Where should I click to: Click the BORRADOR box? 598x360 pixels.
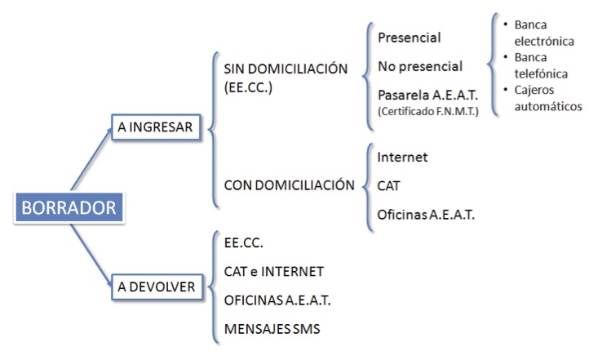pos(69,207)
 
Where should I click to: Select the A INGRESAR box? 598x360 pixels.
pos(156,127)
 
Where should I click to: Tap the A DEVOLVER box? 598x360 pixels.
pos(157,287)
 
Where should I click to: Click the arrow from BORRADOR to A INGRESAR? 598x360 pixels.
pos(91,159)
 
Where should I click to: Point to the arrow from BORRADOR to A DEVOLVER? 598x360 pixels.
pos(91,255)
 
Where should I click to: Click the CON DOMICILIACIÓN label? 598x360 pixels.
pos(289,185)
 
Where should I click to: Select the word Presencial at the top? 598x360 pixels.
pos(410,38)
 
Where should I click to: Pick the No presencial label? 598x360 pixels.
pos(420,66)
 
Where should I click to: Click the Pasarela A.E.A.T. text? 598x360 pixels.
pos(427,95)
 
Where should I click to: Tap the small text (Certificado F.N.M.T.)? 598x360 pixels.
pos(428,112)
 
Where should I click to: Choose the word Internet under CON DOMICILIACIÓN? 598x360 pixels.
pos(402,158)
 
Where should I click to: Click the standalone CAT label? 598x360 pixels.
pos(388,186)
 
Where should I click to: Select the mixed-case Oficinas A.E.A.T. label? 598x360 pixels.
pos(426,215)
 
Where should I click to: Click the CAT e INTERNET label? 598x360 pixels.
pos(274,272)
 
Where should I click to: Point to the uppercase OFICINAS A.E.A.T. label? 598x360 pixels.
pos(277,300)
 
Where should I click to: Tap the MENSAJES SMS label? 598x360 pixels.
pos(272,329)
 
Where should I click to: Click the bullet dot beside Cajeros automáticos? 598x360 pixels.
pos(506,89)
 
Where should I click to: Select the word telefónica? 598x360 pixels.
pos(541,73)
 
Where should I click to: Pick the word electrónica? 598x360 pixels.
pos(544,41)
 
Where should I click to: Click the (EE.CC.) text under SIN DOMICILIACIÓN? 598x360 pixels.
pos(248,87)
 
